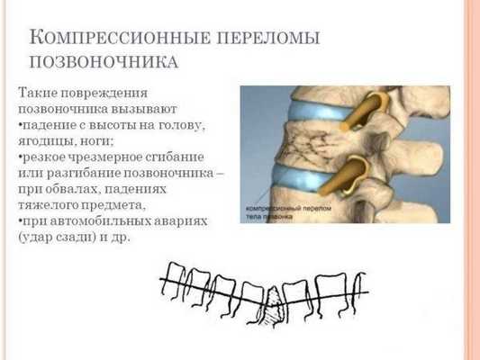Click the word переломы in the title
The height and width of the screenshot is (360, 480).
coord(270,39)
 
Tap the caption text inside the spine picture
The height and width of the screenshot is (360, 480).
coord(279,213)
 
